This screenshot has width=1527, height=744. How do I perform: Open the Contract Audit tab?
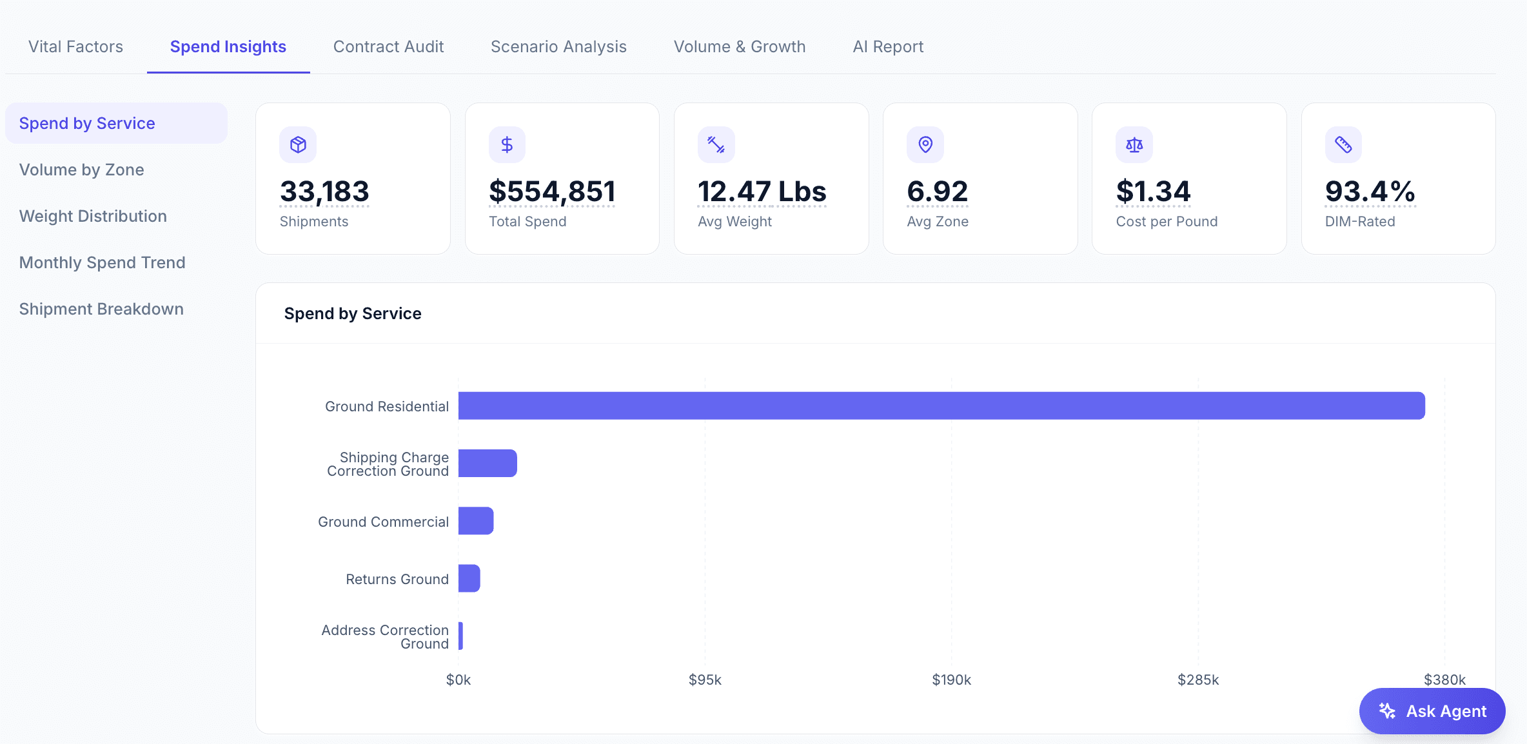pyautogui.click(x=388, y=46)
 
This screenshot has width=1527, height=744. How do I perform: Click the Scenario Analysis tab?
pyautogui.click(x=558, y=46)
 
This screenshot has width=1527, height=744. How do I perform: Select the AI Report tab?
pyautogui.click(x=888, y=46)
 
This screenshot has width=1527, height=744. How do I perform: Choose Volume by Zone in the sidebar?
pyautogui.click(x=82, y=170)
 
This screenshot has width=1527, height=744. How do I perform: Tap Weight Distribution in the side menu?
pyautogui.click(x=93, y=216)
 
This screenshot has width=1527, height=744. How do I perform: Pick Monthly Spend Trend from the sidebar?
pyautogui.click(x=103, y=262)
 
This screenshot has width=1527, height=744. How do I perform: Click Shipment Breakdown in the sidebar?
pyautogui.click(x=101, y=309)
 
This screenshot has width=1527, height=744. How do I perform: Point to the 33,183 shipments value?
pyautogui.click(x=324, y=191)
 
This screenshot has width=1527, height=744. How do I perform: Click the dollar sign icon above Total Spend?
pyautogui.click(x=507, y=144)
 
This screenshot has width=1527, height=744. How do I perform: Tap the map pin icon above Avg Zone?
pyautogui.click(x=925, y=144)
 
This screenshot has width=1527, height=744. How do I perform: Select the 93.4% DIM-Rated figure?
pyautogui.click(x=1370, y=191)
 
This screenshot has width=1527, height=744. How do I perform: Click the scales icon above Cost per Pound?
pyautogui.click(x=1134, y=144)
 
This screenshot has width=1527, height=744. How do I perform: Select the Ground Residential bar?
pyautogui.click(x=941, y=406)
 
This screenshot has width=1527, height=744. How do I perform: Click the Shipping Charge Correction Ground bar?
pyautogui.click(x=488, y=463)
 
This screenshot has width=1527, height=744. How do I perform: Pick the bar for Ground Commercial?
pyautogui.click(x=476, y=521)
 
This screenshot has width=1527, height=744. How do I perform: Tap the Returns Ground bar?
pyautogui.click(x=469, y=578)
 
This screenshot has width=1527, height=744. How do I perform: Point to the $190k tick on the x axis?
pyautogui.click(x=951, y=680)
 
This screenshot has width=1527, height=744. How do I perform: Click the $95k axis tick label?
pyautogui.click(x=705, y=680)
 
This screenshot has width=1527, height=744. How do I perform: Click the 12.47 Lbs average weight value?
pyautogui.click(x=762, y=191)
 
